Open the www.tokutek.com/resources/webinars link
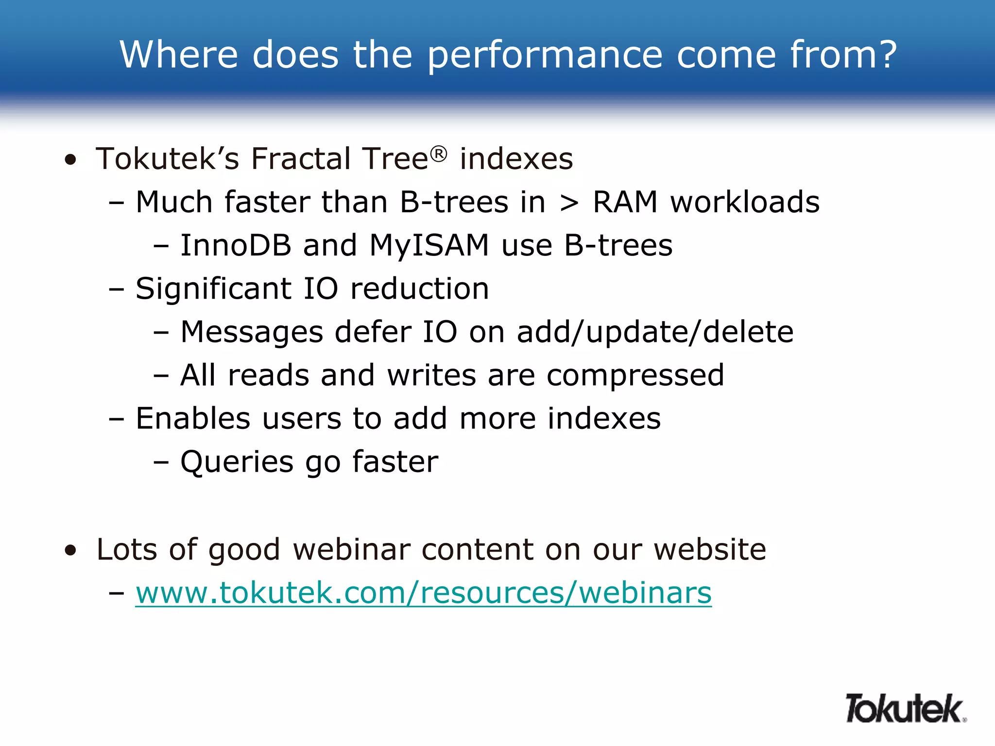[x=423, y=593]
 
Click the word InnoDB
[x=236, y=245]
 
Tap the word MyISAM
[x=429, y=245]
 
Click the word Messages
[x=252, y=333]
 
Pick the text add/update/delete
[x=655, y=333]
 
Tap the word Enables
[x=193, y=419]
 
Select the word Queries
[x=237, y=462]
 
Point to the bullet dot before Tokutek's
[x=71, y=160]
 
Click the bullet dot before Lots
[x=71, y=551]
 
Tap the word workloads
[x=745, y=203]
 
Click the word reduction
[x=419, y=289]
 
